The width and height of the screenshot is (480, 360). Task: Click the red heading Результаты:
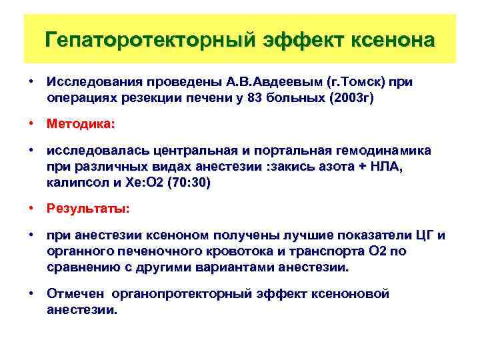[x=88, y=209]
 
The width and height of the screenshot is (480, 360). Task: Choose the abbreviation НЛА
[x=387, y=166]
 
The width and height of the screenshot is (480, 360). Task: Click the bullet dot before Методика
[x=31, y=124]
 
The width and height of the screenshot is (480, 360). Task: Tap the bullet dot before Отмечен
[x=31, y=293]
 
